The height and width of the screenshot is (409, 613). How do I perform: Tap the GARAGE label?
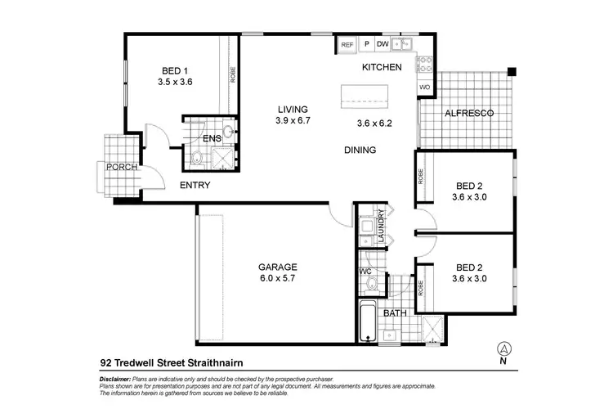[x=279, y=267]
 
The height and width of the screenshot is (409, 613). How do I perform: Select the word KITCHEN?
[x=382, y=67]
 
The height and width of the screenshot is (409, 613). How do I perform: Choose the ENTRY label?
[x=195, y=186]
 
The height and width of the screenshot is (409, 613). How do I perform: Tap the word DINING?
[x=360, y=151]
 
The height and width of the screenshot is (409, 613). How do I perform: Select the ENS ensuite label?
[x=213, y=138]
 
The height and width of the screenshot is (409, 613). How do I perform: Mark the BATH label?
[x=395, y=313]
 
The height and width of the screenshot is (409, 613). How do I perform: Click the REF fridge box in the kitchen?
[x=347, y=45]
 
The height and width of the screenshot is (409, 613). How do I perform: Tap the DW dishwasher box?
[x=382, y=45]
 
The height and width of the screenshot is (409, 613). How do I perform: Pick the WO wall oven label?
[x=425, y=87]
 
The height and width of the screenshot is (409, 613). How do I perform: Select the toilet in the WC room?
[x=371, y=283]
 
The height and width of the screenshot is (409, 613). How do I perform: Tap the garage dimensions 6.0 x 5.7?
[x=279, y=279]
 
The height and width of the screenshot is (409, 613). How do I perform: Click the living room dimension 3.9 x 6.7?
[x=293, y=121]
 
